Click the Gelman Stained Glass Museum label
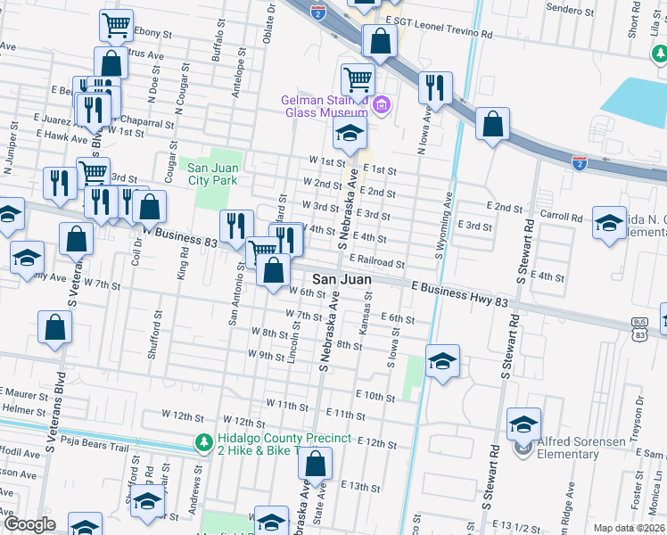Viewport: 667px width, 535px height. (x=326, y=106)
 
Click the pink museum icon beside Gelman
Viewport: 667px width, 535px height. (x=382, y=107)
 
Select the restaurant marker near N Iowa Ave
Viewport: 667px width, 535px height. (x=435, y=88)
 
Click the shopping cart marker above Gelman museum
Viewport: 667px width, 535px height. (x=358, y=79)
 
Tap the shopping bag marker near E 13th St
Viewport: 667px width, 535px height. (x=315, y=464)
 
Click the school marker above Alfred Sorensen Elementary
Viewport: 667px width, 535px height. (x=524, y=423)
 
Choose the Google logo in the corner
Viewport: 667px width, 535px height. (x=29, y=524)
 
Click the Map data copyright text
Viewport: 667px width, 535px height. (x=629, y=528)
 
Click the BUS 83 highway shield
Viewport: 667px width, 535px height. (x=638, y=329)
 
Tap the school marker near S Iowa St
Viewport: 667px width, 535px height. (x=441, y=361)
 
